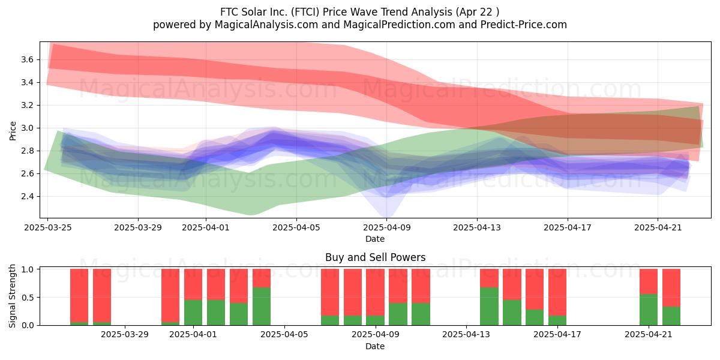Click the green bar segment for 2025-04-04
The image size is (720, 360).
point(262,307)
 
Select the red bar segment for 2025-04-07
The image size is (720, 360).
point(330,292)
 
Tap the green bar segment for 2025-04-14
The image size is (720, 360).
point(489,307)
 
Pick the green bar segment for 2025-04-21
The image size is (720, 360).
point(649,310)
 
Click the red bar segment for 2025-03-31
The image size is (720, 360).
point(170,295)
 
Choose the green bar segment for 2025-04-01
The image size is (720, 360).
point(193,313)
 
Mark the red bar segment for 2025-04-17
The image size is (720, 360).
point(557,292)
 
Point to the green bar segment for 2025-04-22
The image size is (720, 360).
point(671,316)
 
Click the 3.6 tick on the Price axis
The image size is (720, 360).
point(28,59)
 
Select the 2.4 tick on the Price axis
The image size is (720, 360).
point(28,196)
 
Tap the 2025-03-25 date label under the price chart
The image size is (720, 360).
point(48,227)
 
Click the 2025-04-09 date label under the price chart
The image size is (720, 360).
point(386,227)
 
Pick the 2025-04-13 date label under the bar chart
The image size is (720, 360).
point(466,335)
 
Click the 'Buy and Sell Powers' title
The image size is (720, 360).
point(375,257)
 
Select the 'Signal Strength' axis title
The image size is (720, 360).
point(12,296)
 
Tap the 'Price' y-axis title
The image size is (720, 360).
point(13,131)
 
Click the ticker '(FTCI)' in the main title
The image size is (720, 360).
point(305,12)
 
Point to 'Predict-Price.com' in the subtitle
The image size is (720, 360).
point(524,25)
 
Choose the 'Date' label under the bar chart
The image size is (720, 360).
point(375,346)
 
